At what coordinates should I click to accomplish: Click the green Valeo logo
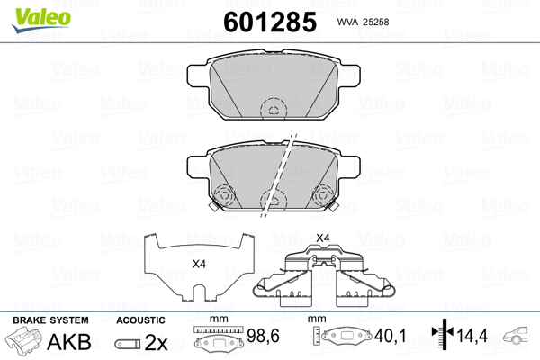41,20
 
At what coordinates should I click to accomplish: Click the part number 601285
270,22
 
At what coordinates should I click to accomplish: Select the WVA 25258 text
363,22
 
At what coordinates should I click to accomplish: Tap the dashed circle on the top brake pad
274,110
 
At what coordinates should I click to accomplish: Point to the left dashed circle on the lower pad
224,195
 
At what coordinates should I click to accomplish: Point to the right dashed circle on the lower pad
323,195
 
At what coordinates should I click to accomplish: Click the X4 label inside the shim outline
199,265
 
